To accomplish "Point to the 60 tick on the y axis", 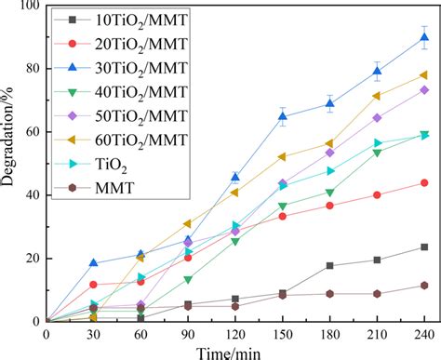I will [x=30, y=132].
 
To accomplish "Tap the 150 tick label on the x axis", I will [x=282, y=333].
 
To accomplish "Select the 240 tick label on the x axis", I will [x=424, y=333].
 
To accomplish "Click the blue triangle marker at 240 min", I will [x=424, y=38].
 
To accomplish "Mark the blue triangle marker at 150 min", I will [x=282, y=117].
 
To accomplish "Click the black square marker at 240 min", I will [x=424, y=247].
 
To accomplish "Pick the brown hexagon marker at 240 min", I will [x=424, y=286].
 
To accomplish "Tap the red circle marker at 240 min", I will [x=424, y=182].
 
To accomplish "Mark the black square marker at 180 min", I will [x=329, y=266].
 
